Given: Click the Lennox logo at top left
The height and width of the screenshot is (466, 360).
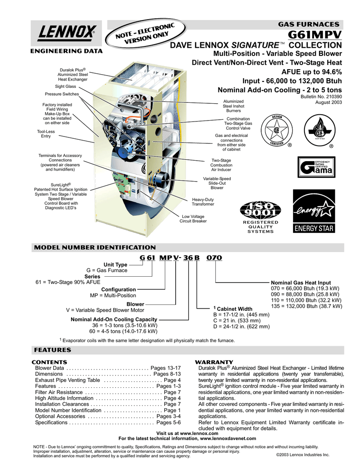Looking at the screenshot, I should pos(64,32).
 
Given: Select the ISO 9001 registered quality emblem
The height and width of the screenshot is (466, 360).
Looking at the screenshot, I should pos(260,216).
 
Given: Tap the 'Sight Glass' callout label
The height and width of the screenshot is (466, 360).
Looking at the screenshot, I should pos(66,86).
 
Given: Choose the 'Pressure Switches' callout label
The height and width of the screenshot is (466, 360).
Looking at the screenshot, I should pos(62,94).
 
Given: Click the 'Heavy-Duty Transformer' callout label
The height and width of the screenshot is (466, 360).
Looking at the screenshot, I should pos(203,202).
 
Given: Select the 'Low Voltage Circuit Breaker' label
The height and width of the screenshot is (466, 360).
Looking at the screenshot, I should pos(193,219).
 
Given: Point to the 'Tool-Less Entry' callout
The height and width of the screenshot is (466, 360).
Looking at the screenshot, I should pos(46,134).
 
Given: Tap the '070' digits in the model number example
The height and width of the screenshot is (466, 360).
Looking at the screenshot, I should pos(214,258).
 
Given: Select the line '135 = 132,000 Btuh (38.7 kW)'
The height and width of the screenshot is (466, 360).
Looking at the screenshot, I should pos(306,306).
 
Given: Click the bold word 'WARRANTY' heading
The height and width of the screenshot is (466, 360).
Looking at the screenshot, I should pos(214,362).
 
